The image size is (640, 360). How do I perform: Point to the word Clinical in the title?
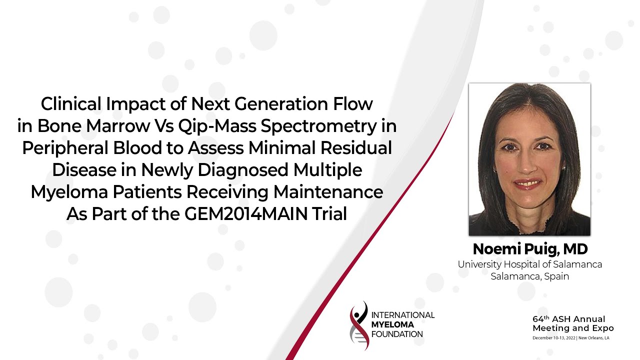coord(71,103)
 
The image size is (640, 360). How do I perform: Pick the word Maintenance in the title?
coord(328,191)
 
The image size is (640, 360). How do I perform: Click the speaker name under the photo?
coord(530,249)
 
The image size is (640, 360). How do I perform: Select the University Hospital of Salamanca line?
coord(529,264)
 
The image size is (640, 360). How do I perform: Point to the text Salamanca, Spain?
coord(529,276)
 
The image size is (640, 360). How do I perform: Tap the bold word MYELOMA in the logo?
coord(392,324)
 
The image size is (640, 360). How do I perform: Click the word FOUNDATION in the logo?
coord(397,334)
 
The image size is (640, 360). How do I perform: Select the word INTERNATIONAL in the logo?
coord(403,315)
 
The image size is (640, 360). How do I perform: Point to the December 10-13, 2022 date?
coord(554,338)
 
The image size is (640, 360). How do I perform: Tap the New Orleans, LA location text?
coord(593,338)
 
